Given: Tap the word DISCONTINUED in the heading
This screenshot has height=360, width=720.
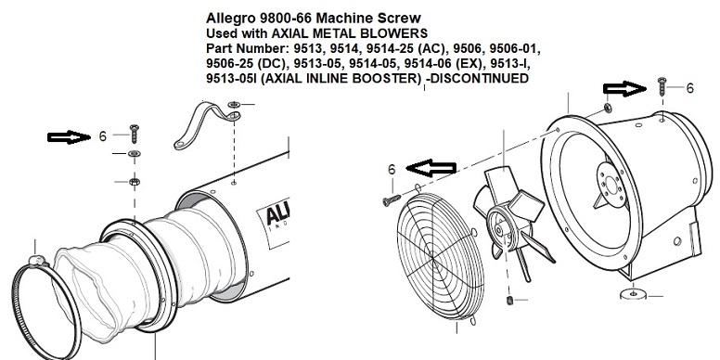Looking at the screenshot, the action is click(x=481, y=78).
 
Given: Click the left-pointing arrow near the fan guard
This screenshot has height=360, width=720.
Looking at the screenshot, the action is click(x=431, y=168).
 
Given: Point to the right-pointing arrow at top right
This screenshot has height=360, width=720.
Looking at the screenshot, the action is click(x=624, y=89).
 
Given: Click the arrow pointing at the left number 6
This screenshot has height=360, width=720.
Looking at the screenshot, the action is click(x=70, y=136).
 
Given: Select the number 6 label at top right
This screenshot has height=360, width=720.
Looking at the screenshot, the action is click(x=689, y=88).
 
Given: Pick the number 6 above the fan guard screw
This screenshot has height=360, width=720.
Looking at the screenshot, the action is click(x=392, y=170).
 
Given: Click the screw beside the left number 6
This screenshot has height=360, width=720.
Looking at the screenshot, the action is click(x=135, y=134).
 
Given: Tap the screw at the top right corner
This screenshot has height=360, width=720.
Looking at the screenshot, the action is click(x=662, y=86).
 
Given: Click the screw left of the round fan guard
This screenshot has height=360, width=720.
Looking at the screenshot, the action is click(x=392, y=200).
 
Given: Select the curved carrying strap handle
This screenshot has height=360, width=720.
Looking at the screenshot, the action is click(x=207, y=124).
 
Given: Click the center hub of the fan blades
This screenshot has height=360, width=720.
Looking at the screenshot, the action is click(x=499, y=225).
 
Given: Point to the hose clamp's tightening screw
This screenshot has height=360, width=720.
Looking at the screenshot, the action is click(x=38, y=261).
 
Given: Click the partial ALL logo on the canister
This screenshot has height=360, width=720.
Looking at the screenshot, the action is click(x=277, y=216).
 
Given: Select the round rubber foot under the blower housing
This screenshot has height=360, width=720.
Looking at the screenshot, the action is click(x=633, y=294).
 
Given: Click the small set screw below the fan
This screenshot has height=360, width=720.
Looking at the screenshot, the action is click(x=509, y=301).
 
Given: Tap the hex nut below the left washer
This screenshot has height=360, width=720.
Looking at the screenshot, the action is click(x=135, y=182).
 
